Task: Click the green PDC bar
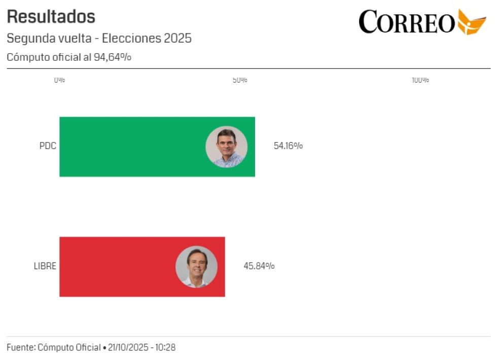[x=132, y=147]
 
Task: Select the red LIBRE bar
[x=117, y=267]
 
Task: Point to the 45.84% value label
[x=259, y=266]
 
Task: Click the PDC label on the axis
[x=48, y=147]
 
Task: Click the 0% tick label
[x=59, y=80]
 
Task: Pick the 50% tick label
[x=240, y=80]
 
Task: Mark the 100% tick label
[x=420, y=80]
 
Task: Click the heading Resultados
[x=51, y=17]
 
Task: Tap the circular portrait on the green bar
[x=226, y=147]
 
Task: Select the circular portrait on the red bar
[x=196, y=267]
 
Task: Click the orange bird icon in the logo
[x=471, y=22]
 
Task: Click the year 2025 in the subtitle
[x=177, y=39]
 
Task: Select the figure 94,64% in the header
[x=112, y=57]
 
